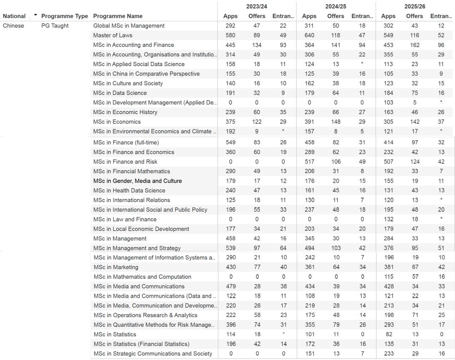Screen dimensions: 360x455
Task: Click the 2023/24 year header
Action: click(257, 6)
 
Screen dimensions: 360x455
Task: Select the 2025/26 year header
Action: click(415, 6)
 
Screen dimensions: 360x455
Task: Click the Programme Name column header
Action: click(118, 16)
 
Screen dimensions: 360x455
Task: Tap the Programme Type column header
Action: click(64, 16)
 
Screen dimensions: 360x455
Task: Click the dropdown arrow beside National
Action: click(35, 15)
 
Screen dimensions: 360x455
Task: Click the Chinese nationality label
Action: click(13, 26)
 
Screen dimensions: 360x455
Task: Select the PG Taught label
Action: click(55, 26)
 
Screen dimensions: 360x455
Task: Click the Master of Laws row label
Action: click(112, 35)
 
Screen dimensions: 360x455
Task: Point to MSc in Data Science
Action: click(120, 93)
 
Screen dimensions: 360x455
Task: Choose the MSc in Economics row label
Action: click(117, 122)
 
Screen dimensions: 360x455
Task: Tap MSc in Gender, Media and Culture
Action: click(138, 181)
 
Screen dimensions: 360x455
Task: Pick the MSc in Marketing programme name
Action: click(116, 267)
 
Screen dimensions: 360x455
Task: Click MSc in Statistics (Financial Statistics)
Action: click(142, 344)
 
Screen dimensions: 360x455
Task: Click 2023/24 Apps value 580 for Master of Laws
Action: click(230, 35)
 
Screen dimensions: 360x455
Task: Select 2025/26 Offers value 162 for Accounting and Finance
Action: click(415, 45)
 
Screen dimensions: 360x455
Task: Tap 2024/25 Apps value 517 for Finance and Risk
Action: click(309, 162)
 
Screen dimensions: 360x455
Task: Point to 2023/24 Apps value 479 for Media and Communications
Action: click(230, 286)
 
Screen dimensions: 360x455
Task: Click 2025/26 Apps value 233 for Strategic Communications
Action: click(388, 354)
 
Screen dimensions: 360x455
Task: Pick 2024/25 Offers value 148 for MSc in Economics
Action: click(335, 122)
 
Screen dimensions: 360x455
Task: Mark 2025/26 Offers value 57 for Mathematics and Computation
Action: click(415, 277)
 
